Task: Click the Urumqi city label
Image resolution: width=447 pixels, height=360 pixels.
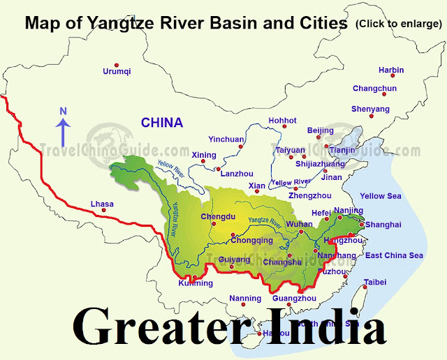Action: click(117, 71)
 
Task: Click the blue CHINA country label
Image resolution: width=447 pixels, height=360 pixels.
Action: click(161, 123)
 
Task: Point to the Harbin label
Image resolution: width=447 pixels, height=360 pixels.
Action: click(391, 70)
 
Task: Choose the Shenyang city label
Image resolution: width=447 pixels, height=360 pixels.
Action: click(370, 109)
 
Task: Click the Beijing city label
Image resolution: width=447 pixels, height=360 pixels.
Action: click(321, 130)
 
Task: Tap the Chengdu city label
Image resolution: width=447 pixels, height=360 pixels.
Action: click(215, 216)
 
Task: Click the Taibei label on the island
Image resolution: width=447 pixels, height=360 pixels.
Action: click(374, 283)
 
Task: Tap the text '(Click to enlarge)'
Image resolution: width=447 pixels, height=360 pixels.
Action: click(397, 24)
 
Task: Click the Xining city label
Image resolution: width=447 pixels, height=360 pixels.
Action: click(204, 154)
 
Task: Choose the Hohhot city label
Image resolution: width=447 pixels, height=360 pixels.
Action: click(282, 120)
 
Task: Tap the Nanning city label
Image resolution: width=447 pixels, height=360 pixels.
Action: click(244, 299)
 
